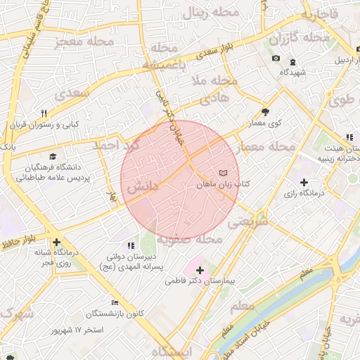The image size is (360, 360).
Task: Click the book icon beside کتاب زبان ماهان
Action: pos(223,172)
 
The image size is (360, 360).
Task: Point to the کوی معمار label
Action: pos(265,123)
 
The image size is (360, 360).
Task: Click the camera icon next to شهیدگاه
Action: pos(276,58)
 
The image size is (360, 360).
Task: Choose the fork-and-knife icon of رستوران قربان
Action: pos(44,113)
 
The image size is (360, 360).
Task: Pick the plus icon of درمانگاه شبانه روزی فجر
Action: pos(56,241)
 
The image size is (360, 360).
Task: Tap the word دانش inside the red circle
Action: pos(143,188)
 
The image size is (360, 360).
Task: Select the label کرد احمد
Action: pos(117,146)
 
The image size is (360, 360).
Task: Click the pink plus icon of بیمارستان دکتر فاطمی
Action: pos(200,269)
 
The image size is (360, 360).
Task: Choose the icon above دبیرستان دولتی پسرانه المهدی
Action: pos(131,245)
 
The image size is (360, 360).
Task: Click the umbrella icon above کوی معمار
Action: pos(265,112)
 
